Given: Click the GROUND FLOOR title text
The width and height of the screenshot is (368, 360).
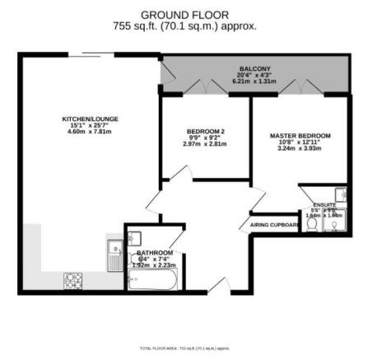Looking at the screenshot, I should pyautogui.click(x=184, y=15).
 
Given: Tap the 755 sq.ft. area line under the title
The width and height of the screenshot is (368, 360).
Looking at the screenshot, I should pyautogui.click(x=184, y=26).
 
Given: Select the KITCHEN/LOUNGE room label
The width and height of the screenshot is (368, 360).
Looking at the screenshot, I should pyautogui.click(x=90, y=119).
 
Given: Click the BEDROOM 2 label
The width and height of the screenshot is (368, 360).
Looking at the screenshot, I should pyautogui.click(x=205, y=132).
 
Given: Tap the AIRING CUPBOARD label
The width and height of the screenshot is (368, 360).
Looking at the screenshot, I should pyautogui.click(x=274, y=224).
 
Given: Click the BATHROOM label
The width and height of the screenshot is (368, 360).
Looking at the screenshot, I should pyautogui.click(x=155, y=252).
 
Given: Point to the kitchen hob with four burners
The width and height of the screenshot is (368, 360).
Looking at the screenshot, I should pyautogui.click(x=73, y=279).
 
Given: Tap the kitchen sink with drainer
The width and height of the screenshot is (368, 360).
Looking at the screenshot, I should pyautogui.click(x=114, y=255).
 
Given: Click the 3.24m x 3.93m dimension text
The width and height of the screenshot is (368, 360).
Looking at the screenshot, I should pyautogui.click(x=299, y=149).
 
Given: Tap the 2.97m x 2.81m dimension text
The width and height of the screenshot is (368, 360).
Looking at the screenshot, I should pyautogui.click(x=205, y=144).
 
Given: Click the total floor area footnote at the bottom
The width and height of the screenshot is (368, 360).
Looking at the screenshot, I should pyautogui.click(x=184, y=348).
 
